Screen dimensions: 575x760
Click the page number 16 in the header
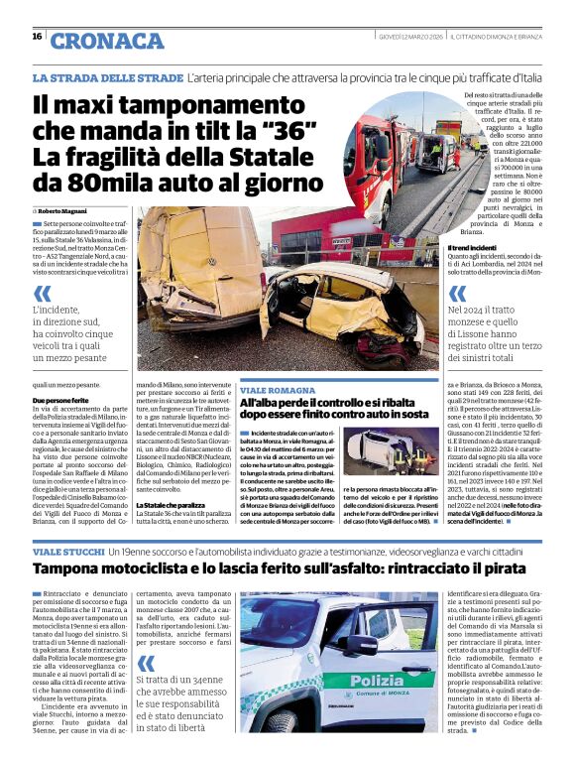tap(37, 36)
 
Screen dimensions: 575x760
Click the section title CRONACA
tap(107, 41)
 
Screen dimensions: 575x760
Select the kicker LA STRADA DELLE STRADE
tap(107, 77)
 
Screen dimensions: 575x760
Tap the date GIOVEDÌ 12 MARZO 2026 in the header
tap(410, 37)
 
